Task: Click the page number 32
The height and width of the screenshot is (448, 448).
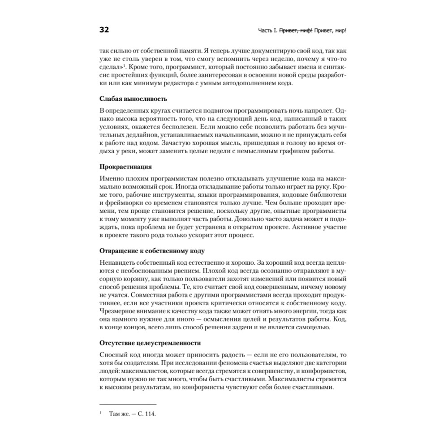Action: [104, 30]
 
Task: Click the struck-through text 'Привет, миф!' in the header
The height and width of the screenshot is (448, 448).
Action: [296, 31]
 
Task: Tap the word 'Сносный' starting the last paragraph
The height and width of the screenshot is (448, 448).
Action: [112, 355]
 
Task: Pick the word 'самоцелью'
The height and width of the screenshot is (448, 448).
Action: [314, 327]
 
